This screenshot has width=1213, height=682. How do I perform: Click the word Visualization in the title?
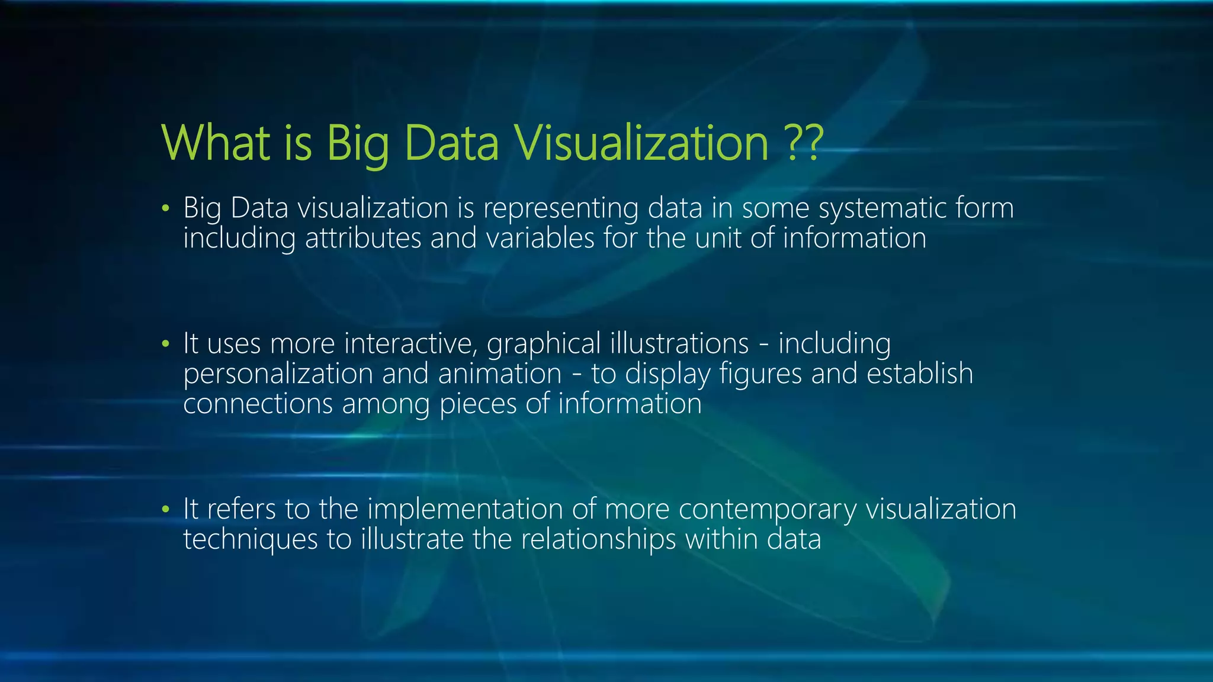pos(641,143)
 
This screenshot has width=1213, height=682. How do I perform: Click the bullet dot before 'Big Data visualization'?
pos(166,208)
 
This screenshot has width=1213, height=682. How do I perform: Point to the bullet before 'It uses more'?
pos(166,344)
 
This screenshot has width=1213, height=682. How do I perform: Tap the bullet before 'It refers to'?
pos(166,509)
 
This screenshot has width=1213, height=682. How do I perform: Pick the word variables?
pos(540,239)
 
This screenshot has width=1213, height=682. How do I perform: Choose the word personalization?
pos(278,374)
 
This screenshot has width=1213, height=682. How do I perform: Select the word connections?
pos(258,404)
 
